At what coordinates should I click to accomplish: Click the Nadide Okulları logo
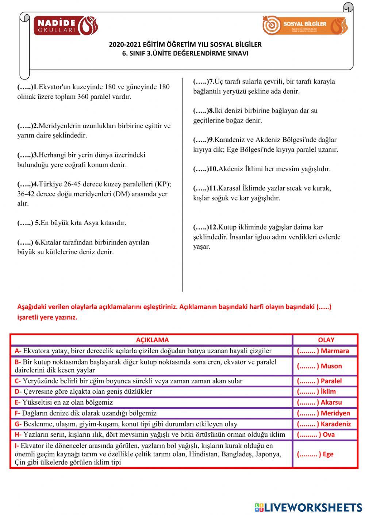click(66, 26)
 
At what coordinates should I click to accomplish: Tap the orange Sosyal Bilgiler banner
click(305, 26)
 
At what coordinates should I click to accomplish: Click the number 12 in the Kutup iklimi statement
click(213, 227)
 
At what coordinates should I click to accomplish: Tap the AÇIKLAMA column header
click(152, 340)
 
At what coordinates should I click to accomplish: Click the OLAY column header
click(326, 340)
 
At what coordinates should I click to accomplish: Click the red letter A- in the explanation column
click(18, 351)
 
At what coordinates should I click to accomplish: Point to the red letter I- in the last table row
click(17, 446)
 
